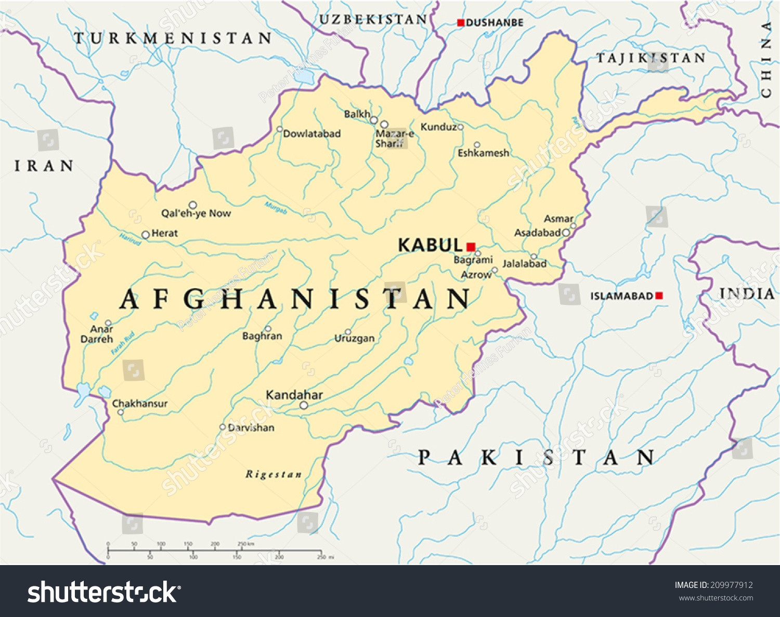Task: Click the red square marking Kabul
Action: [471, 247]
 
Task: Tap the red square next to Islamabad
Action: [659, 296]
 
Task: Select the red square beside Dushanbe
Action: [460, 22]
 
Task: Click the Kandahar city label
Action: [294, 395]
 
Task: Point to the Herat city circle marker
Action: [146, 235]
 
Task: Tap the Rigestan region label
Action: [274, 474]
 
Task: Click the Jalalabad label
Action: [524, 264]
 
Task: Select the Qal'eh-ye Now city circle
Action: [192, 205]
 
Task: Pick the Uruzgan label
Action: [354, 339]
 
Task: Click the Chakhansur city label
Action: [140, 404]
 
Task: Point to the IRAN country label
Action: [44, 166]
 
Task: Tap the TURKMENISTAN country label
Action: [173, 38]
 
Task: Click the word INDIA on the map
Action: [747, 294]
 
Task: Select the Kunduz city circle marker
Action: [460, 127]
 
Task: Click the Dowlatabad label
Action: [312, 134]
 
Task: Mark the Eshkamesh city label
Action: [483, 153]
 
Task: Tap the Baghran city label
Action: [262, 336]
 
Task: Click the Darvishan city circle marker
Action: [223, 427]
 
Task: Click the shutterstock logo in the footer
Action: [104, 592]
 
